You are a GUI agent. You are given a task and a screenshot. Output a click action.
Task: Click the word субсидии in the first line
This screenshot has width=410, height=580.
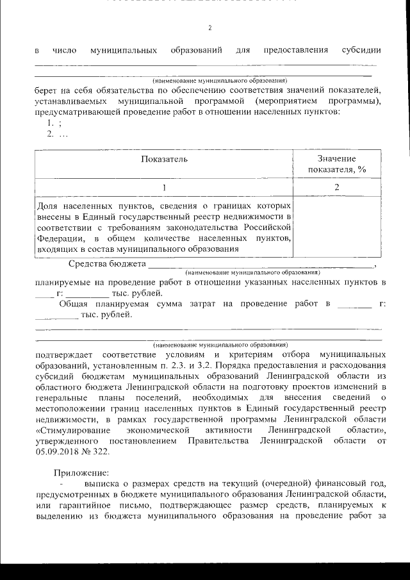point(361,50)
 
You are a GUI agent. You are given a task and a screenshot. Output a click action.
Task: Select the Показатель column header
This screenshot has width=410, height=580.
point(164,159)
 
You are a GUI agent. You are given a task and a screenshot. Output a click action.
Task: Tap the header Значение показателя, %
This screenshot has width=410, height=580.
point(336,164)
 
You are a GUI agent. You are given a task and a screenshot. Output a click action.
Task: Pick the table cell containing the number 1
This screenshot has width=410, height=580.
point(164,187)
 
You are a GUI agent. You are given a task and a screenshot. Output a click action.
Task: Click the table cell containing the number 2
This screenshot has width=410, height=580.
point(336,187)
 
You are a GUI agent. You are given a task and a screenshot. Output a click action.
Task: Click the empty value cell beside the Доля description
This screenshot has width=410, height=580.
point(336,227)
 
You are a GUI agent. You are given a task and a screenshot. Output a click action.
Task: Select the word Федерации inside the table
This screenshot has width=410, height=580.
point(60,238)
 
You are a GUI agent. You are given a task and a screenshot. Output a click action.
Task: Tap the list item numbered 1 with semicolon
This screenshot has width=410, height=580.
point(53,124)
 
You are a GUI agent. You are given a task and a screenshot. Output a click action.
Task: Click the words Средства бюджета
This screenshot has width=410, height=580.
point(108,263)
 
